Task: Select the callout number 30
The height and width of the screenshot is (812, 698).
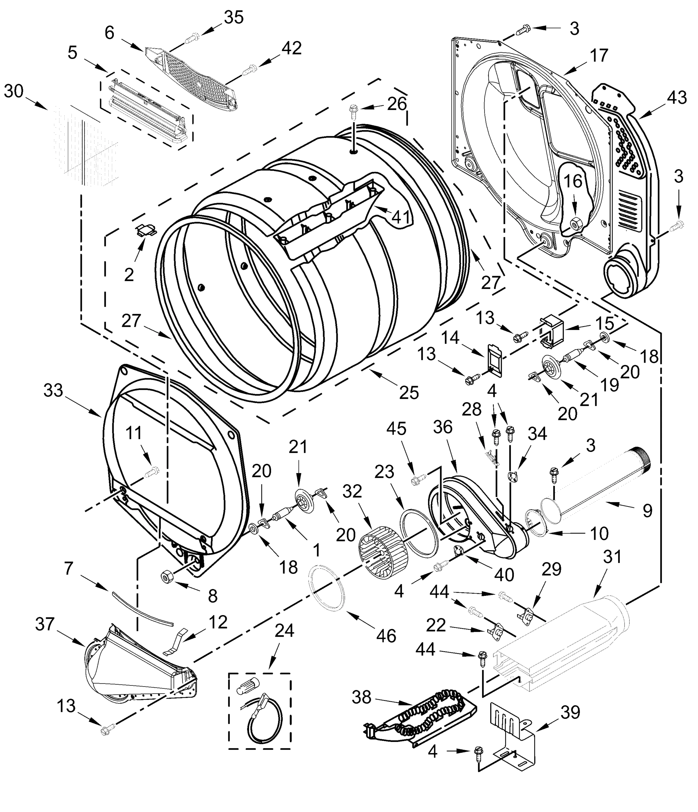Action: click(x=14, y=91)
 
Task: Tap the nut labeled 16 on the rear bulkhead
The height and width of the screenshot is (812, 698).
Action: click(x=575, y=224)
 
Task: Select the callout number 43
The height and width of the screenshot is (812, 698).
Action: click(x=677, y=97)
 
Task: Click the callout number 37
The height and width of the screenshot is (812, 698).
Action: click(x=45, y=624)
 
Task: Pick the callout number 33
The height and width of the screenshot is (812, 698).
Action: click(x=53, y=390)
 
